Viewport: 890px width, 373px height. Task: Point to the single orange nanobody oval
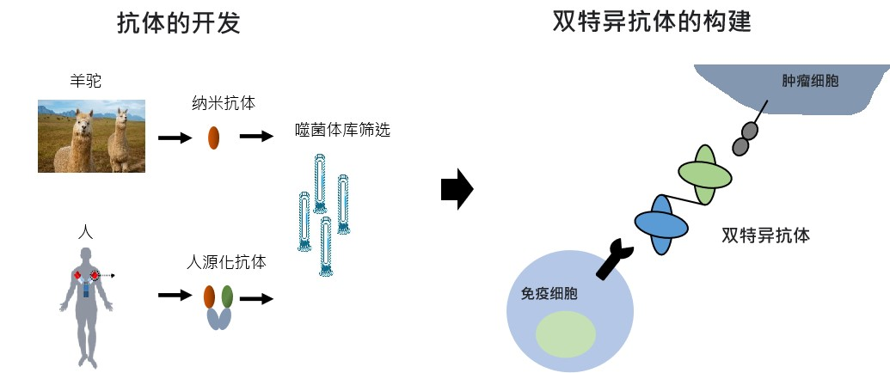[214, 138]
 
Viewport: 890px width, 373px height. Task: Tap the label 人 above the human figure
[83, 232]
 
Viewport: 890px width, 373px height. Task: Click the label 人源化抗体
[226, 262]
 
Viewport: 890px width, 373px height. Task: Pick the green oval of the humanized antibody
[227, 297]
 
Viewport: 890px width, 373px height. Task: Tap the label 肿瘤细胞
[810, 81]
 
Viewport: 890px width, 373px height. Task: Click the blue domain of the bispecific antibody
[661, 223]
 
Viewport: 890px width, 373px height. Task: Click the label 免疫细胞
[549, 293]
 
